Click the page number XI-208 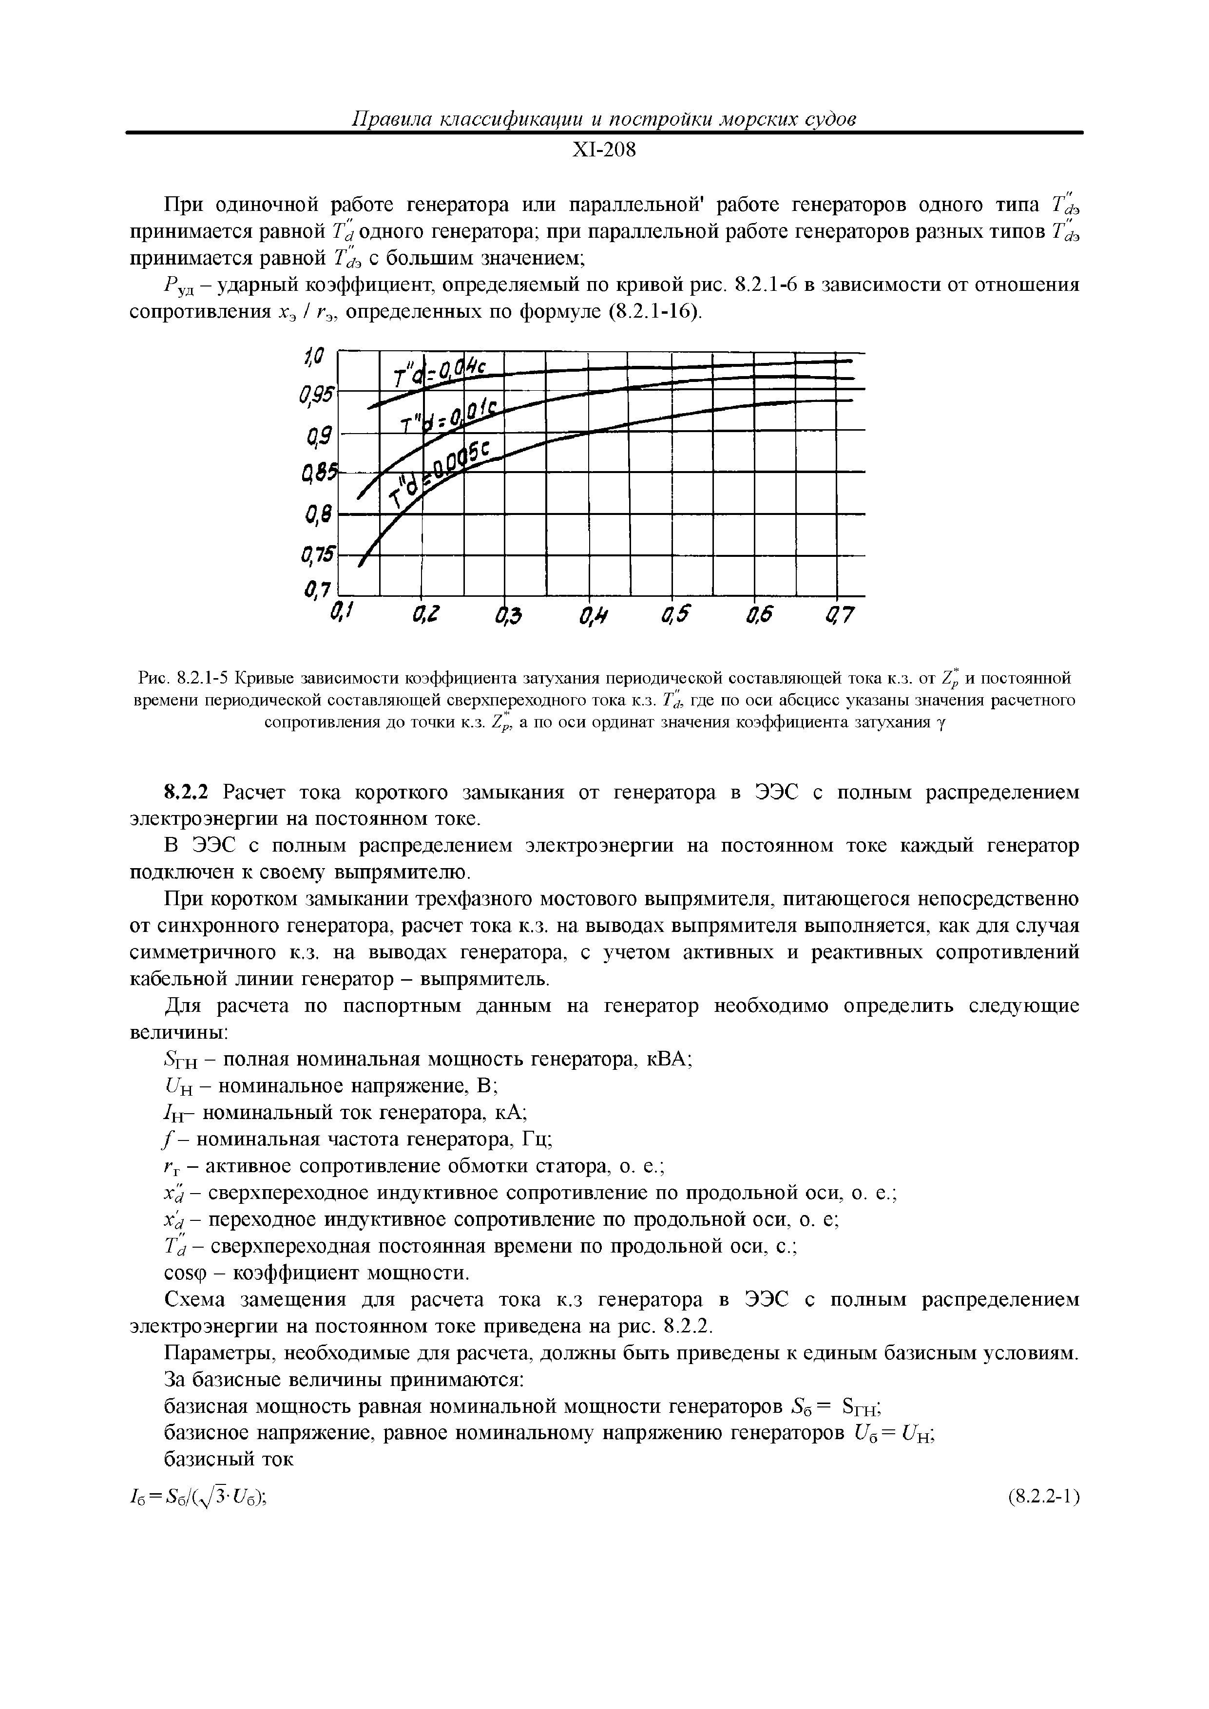(x=604, y=151)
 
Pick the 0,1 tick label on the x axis (x=340, y=614)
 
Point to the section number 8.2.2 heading (x=189, y=792)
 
